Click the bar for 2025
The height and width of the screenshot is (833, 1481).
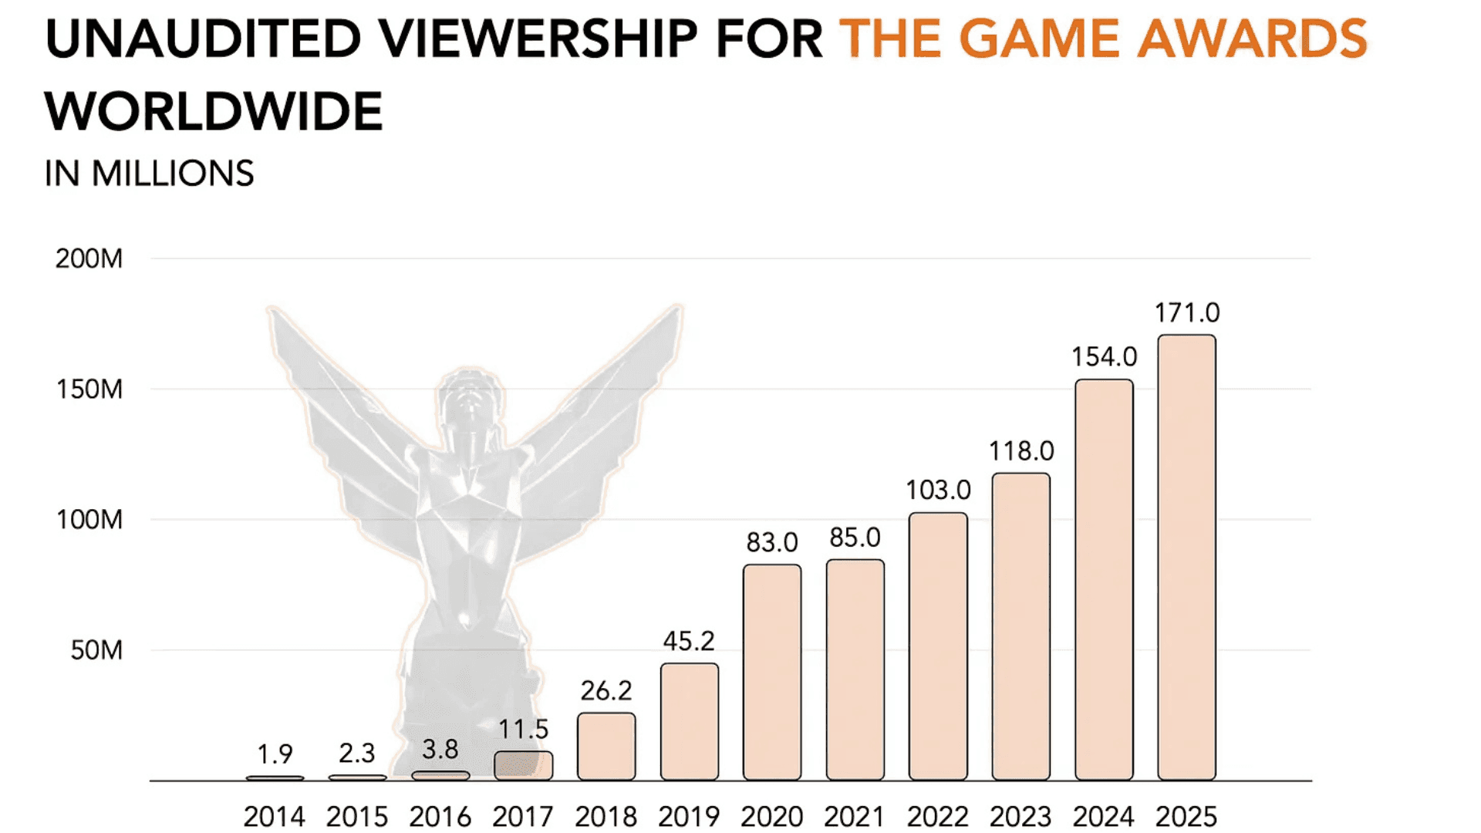click(1186, 557)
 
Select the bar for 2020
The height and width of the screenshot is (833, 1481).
click(772, 672)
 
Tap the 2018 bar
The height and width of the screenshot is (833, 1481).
click(606, 746)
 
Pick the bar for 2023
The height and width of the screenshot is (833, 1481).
click(1021, 626)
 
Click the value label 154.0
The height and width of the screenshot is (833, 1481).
click(1104, 357)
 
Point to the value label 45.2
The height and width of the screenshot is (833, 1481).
click(689, 641)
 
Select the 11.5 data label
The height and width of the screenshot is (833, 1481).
click(523, 729)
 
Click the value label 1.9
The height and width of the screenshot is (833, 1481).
click(275, 754)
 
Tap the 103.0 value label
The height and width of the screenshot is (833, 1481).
click(938, 490)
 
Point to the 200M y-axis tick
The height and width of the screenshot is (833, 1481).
click(89, 258)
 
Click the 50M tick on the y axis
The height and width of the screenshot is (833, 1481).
click(96, 650)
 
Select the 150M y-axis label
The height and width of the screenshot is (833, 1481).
click(89, 390)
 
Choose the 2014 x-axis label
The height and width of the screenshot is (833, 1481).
click(275, 816)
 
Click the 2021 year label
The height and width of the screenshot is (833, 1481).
click(855, 816)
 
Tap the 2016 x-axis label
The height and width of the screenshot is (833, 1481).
click(440, 816)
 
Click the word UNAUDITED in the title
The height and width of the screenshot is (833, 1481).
click(203, 39)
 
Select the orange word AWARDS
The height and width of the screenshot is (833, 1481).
click(1252, 39)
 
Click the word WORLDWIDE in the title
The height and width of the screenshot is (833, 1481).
click(214, 112)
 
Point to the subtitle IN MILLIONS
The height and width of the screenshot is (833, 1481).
click(149, 174)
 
